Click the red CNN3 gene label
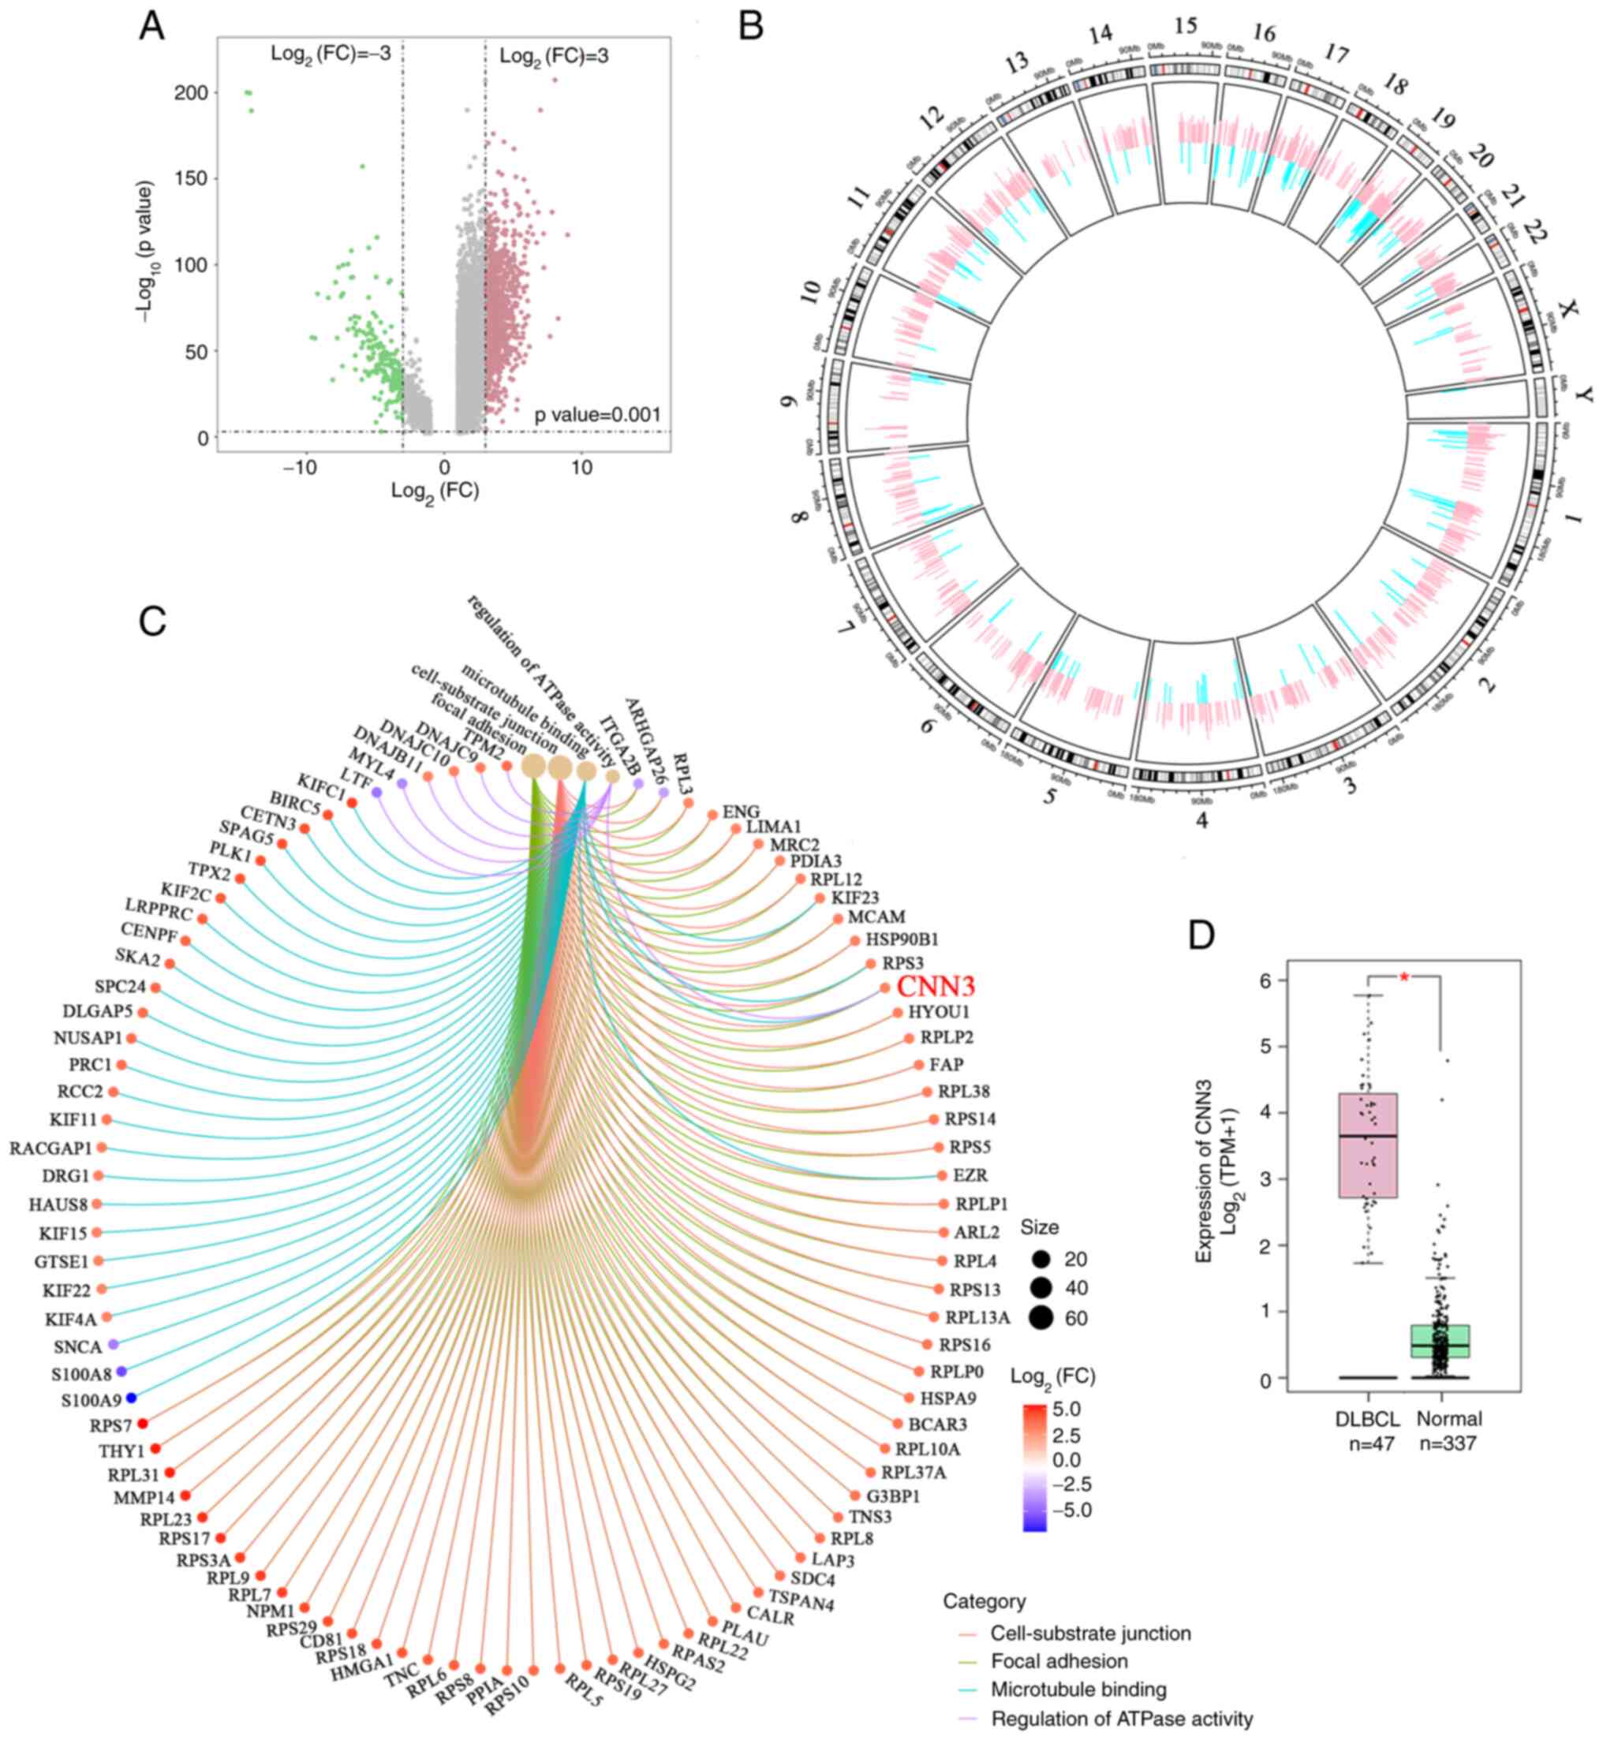coord(935,986)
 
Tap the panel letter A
coord(151,27)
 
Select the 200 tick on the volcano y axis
coord(191,93)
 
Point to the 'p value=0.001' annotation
coord(597,415)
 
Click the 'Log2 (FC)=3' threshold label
coord(554,56)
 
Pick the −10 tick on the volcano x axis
coord(299,469)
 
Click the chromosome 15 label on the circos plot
coord(1185,26)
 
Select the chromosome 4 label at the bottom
coord(1201,820)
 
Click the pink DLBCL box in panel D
coord(1368,1145)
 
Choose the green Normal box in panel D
coord(1440,1340)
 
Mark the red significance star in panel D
coord(1404,976)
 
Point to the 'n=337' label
coord(1448,1443)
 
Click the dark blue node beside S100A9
coord(131,1398)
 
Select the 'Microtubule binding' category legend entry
coord(1078,1689)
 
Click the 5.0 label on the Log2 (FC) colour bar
coord(1066,1408)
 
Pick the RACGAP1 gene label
coord(50,1148)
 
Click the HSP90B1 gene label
coord(901,939)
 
